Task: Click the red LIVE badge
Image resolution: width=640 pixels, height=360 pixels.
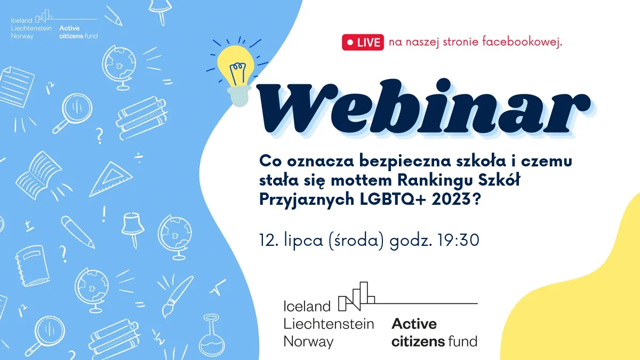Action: point(363,42)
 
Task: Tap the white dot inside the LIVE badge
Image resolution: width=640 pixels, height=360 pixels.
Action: point(350,42)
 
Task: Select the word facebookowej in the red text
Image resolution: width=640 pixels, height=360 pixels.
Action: point(522,42)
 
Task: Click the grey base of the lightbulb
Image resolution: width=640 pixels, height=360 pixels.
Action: point(239,95)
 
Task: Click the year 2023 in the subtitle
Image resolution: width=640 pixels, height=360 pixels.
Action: point(451,199)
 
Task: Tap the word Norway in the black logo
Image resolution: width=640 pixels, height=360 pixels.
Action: point(309,342)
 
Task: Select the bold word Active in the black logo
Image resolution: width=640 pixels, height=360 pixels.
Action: point(414,324)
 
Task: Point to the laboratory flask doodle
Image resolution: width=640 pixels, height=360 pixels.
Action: point(212,337)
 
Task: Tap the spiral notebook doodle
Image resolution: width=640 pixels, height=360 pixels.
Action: point(33,266)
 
